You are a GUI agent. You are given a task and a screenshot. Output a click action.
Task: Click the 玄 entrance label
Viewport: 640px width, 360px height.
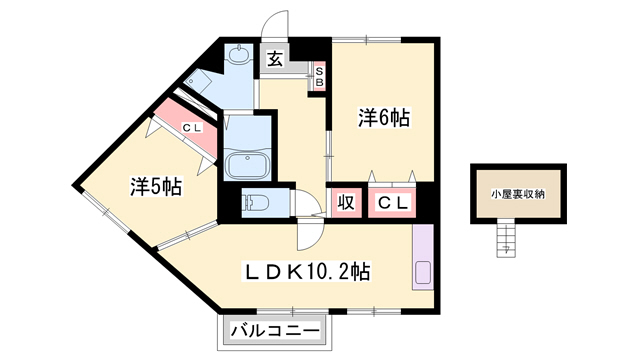275,58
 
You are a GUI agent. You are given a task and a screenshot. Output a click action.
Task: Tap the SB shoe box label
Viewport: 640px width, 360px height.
319,76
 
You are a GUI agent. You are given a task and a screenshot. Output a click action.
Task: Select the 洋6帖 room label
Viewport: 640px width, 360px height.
384,118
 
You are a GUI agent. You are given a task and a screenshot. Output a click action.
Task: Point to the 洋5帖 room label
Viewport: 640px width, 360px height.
155,185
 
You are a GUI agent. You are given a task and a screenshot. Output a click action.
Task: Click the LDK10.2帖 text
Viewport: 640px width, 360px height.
309,270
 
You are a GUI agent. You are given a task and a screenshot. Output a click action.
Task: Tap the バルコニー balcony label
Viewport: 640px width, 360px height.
275,331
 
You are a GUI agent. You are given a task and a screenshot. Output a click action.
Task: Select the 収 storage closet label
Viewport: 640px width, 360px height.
345,203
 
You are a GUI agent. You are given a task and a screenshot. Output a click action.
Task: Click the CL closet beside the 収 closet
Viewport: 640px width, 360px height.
392,203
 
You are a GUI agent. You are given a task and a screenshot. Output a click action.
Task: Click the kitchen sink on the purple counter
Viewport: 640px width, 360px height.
421,271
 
